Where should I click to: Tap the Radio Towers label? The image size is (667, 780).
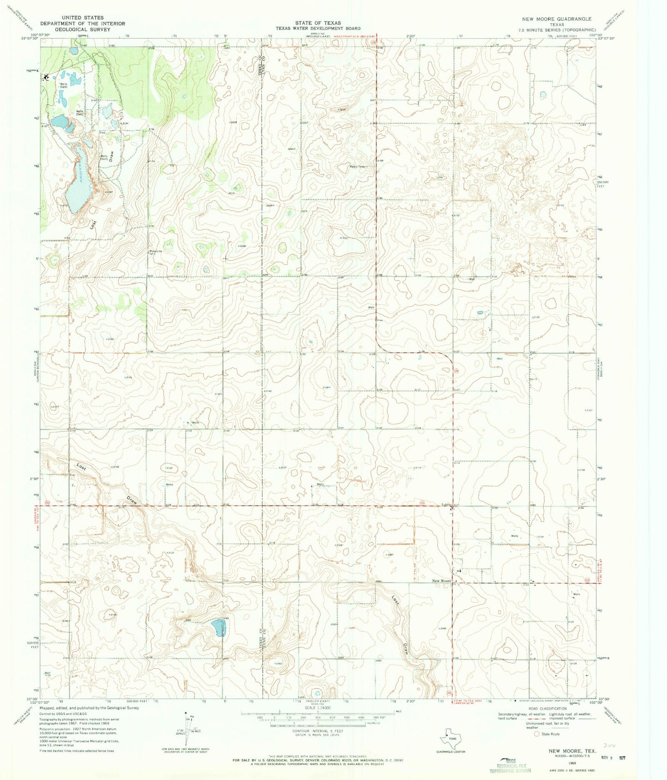tap(359, 167)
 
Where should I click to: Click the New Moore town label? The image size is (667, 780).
tap(441, 580)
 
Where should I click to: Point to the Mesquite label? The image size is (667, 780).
tap(156, 251)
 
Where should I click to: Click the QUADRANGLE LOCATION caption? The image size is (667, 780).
tap(451, 752)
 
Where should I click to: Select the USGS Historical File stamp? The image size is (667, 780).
tap(510, 765)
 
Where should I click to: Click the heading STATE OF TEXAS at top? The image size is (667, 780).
tap(318, 23)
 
